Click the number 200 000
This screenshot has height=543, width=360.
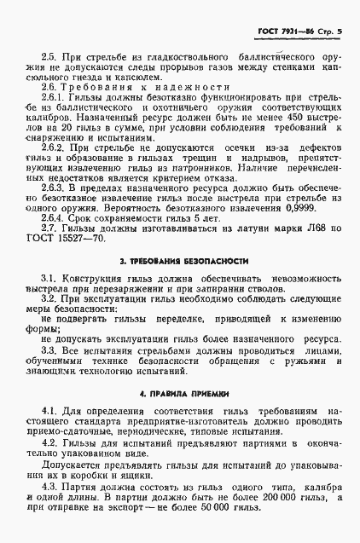[x=279, y=507]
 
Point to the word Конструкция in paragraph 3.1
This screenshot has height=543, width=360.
[x=90, y=279]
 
